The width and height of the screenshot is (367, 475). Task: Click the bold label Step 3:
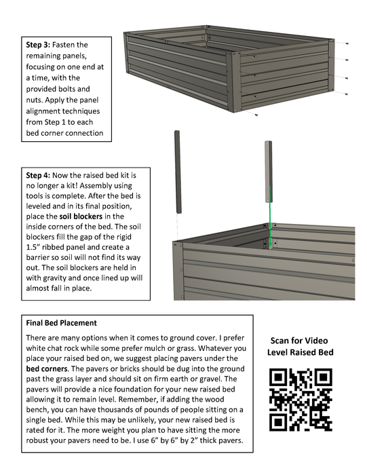point(38,45)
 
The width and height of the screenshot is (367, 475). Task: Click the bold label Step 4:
point(38,175)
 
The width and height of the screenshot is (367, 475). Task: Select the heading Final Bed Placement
point(62,323)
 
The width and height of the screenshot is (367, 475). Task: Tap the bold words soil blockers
point(81,216)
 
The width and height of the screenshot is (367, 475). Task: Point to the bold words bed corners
point(47,368)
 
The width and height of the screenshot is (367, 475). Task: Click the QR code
point(301,400)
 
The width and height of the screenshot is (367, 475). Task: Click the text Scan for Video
point(299,341)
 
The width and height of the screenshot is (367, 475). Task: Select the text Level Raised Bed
point(300,352)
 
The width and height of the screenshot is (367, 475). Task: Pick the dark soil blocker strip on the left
point(178,172)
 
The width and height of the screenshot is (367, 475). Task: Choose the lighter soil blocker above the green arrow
point(269,172)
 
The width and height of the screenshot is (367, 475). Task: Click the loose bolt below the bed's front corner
point(256,115)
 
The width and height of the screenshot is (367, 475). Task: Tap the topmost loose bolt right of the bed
point(347,43)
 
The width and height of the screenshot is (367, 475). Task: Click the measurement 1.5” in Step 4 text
point(33,247)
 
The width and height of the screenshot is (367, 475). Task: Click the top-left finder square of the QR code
point(278,377)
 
